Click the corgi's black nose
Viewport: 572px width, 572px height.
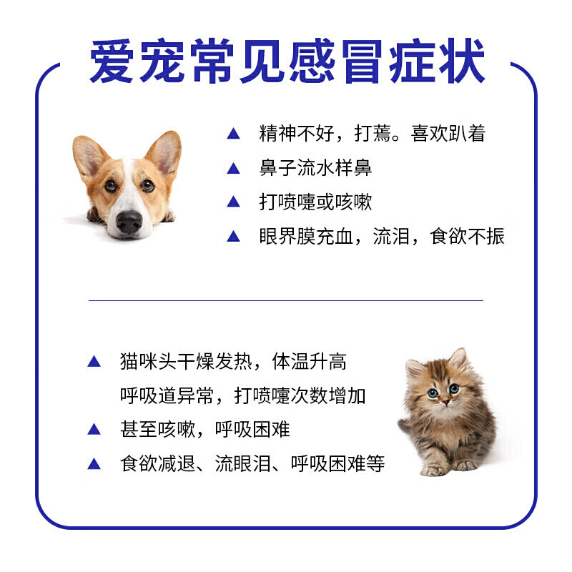point(129,222)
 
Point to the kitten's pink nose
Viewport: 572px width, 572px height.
point(445,402)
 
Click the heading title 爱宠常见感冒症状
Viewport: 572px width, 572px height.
point(287,61)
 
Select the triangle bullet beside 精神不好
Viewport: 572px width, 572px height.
point(234,134)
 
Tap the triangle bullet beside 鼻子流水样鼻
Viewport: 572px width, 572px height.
point(234,168)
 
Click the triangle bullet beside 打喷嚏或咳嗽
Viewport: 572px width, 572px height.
point(234,202)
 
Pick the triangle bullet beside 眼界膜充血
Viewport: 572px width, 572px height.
point(234,236)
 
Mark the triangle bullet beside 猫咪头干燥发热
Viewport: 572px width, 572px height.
point(94,361)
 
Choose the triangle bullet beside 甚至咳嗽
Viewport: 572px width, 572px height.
point(94,429)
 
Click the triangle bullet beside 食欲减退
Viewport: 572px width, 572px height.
point(94,463)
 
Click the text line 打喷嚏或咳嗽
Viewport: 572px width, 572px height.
point(315,202)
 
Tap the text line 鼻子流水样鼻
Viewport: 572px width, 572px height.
point(315,168)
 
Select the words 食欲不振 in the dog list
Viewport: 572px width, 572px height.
point(468,236)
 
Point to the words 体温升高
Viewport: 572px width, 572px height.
point(310,362)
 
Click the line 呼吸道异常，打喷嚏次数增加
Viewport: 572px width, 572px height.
point(243,395)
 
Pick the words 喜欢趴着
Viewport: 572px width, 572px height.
point(448,133)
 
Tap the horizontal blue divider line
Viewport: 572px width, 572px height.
point(286,300)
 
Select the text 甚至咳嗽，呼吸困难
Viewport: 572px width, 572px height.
point(205,430)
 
